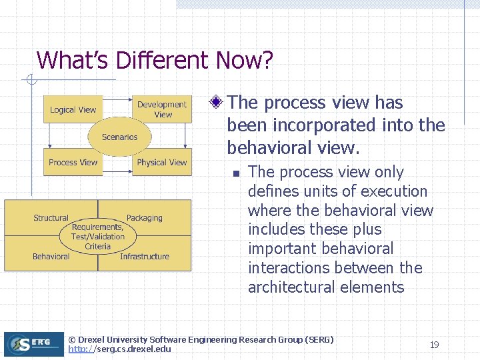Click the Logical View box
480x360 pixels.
point(73,110)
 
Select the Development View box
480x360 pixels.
point(161,109)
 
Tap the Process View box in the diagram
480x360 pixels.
point(73,162)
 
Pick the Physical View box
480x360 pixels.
point(161,162)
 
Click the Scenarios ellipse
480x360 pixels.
point(119,137)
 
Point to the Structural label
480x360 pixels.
point(51,218)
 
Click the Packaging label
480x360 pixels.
point(144,218)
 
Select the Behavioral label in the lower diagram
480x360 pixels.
point(51,257)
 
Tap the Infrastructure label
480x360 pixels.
point(144,257)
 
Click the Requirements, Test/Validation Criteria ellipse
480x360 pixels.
point(97,237)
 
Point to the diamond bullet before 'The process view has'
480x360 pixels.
point(216,103)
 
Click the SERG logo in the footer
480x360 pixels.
point(33,344)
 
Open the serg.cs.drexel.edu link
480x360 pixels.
point(119,349)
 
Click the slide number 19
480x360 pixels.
point(434,345)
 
